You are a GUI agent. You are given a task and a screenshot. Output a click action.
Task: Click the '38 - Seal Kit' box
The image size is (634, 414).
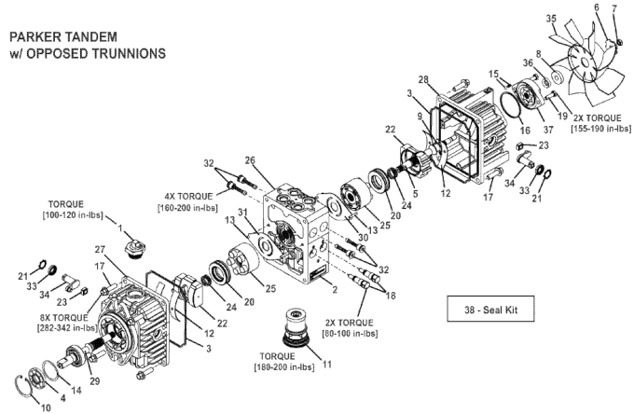(490, 309)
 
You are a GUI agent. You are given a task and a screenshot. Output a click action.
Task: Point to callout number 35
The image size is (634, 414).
(551, 19)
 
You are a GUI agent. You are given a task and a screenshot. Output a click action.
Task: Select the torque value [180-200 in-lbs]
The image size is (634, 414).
(283, 367)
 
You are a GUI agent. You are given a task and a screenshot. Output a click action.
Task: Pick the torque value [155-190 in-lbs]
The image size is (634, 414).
(600, 129)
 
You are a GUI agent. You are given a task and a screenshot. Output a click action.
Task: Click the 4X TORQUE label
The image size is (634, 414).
(188, 197)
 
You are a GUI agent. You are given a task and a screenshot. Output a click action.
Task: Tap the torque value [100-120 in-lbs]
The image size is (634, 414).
(73, 214)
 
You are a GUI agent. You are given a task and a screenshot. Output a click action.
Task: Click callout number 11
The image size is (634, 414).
(326, 365)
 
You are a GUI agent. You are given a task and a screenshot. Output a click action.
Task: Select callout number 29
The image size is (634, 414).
(94, 381)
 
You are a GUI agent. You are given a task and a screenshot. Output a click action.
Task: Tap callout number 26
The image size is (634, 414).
(250, 160)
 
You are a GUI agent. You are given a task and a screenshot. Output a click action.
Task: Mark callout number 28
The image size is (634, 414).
(423, 79)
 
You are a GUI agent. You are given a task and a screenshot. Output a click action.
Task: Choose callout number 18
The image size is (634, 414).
(391, 296)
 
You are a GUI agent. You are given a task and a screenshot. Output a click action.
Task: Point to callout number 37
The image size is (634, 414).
(548, 130)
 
